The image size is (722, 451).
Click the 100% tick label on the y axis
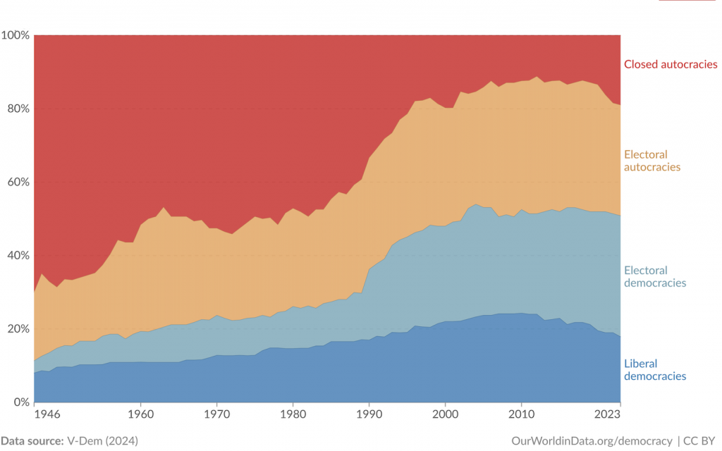tap(15, 35)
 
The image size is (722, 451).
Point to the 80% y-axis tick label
tap(17, 109)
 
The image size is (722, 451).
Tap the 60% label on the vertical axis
tap(17, 182)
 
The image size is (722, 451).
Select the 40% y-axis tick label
tap(17, 255)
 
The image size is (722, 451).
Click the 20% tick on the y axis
tap(17, 329)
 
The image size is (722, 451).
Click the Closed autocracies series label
tap(671, 64)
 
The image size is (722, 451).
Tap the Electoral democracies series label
tap(655, 277)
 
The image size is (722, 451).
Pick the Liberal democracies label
tap(655, 370)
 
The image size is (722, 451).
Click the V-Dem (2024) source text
tap(103, 440)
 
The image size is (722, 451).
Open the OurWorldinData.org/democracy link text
tap(592, 440)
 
